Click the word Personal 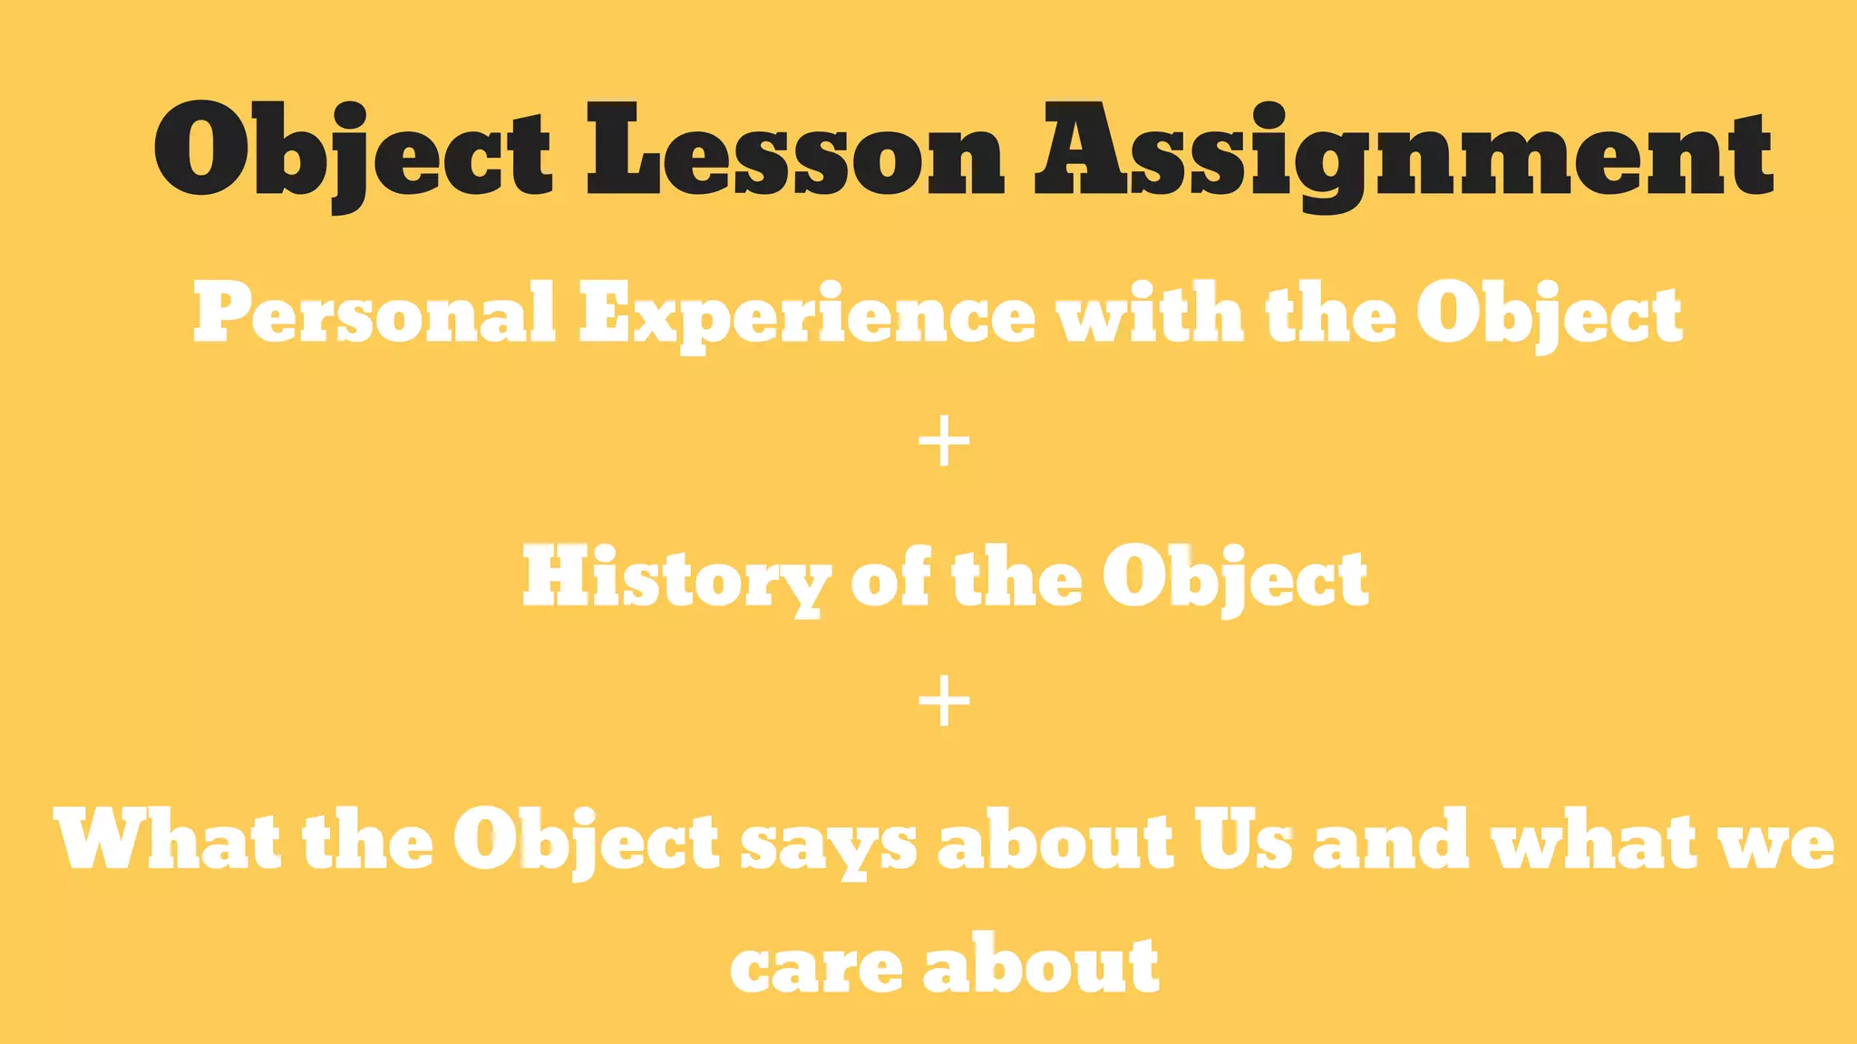coord(374,314)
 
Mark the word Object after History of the coord(1235,580)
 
